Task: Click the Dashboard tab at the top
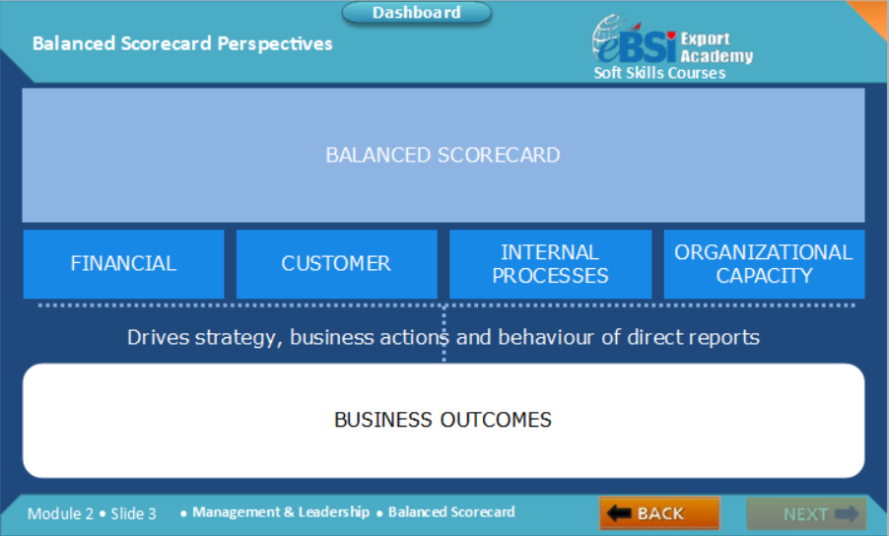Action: coord(416,13)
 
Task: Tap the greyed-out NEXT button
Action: coord(806,513)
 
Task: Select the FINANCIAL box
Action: coord(123,264)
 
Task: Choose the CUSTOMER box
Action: coord(336,264)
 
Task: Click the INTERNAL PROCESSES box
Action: coord(550,264)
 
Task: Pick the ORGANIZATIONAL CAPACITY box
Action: coord(764,264)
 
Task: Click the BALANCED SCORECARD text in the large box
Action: coord(443,156)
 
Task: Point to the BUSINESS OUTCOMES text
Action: coord(443,420)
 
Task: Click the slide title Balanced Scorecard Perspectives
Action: coord(182,43)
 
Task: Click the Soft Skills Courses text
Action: coord(658,73)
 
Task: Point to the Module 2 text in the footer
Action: coord(60,513)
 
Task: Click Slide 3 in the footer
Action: coord(133,513)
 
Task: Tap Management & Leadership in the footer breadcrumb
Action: coord(281,512)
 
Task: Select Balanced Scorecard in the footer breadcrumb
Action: coord(451,512)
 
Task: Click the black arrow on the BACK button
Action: coord(619,513)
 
